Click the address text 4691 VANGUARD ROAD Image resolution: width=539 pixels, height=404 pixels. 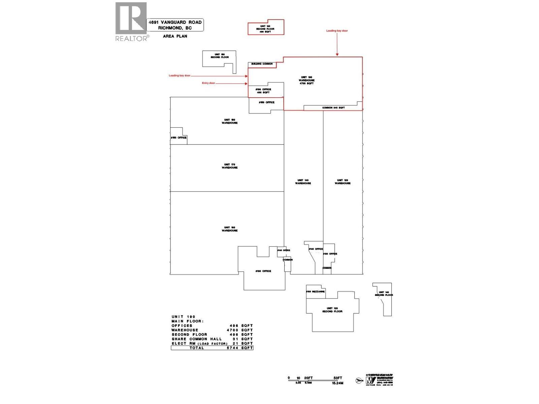tap(176, 22)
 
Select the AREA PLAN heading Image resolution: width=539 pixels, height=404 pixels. tap(175, 36)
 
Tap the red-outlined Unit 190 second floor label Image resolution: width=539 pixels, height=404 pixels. tap(265, 29)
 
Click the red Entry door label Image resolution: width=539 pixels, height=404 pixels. tap(208, 83)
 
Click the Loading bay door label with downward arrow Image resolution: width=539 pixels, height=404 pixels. tap(337, 31)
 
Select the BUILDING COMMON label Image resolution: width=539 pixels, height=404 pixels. tap(262, 64)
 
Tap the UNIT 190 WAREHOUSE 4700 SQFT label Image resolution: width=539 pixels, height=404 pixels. tap(307, 80)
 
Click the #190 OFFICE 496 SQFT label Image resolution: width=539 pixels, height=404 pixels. tap(263, 91)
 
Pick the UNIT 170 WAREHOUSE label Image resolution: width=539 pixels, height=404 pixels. tap(230, 166)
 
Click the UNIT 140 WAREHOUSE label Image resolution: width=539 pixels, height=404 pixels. tap(303, 182)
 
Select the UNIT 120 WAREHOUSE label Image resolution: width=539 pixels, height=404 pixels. tap(343, 182)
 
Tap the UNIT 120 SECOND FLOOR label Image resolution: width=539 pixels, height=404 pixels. tap(332, 310)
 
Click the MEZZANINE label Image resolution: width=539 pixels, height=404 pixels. tap(315, 292)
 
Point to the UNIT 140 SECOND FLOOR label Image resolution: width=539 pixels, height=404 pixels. tap(384, 294)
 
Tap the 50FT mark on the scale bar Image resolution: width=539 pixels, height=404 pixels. tap(338, 378)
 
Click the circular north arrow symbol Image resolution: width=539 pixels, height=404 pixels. tap(359, 381)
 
